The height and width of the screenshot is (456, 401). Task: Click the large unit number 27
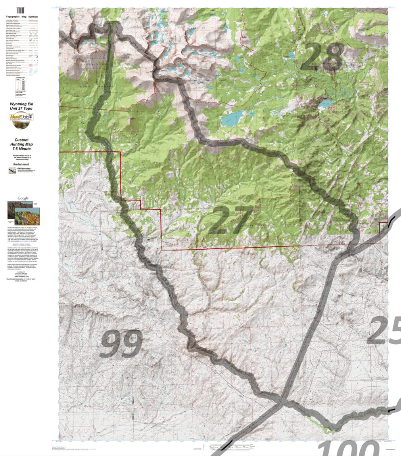point(231,220)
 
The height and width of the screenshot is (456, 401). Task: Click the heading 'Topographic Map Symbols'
point(27,17)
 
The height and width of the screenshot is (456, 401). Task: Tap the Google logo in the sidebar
point(23,198)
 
